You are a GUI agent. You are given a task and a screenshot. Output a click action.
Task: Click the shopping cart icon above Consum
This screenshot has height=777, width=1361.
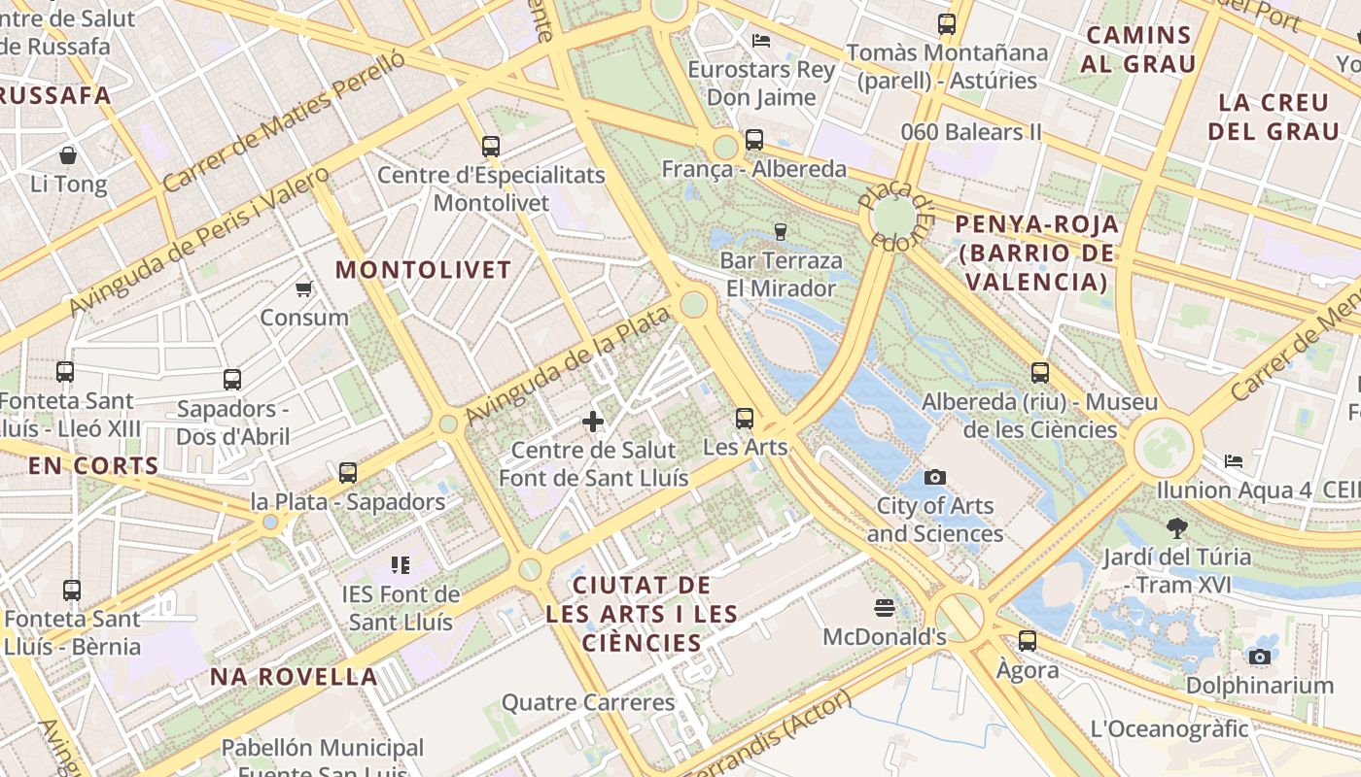coord(303,288)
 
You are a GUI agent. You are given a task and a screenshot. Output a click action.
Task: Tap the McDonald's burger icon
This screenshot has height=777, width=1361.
coord(884,608)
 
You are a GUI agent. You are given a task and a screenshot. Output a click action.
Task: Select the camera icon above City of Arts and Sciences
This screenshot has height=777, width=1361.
coord(935,477)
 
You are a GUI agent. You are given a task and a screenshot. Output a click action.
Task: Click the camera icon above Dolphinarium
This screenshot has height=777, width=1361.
coord(1260,657)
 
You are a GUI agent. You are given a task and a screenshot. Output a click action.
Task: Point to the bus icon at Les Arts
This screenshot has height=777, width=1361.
coord(745,418)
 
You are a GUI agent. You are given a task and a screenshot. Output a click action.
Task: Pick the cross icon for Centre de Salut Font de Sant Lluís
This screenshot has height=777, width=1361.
coord(593,422)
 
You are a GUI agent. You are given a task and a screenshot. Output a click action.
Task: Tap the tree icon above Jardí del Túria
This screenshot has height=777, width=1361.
coord(1176,528)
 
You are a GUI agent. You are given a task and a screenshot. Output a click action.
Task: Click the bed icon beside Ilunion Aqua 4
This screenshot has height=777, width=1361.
coord(1234,460)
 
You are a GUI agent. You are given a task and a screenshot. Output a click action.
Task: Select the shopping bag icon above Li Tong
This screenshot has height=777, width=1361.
coord(68,155)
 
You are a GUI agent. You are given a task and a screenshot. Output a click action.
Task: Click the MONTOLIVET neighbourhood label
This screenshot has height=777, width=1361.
coord(423,270)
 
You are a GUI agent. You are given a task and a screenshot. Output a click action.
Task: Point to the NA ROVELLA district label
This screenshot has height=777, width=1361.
coord(294,677)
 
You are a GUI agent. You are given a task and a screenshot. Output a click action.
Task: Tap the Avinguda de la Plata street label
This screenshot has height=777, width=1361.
coord(569,365)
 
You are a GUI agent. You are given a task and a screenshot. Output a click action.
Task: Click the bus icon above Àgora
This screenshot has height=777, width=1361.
coord(1028,641)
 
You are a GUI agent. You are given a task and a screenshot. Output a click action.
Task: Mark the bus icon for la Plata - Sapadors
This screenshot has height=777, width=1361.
coord(347,473)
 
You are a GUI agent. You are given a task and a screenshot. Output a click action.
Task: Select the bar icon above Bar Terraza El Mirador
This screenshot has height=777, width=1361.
coord(780,231)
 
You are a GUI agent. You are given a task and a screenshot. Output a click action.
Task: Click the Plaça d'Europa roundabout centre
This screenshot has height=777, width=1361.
coord(894,215)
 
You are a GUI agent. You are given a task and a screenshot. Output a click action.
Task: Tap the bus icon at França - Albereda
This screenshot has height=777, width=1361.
coord(754,140)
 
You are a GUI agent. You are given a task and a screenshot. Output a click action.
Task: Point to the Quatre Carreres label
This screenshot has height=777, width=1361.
coord(587,702)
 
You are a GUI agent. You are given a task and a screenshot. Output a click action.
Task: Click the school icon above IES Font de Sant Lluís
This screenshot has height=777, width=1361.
coord(400,564)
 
